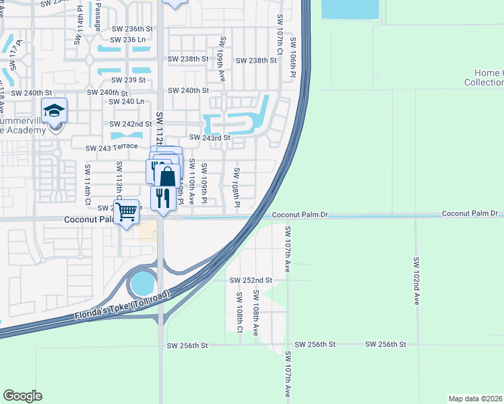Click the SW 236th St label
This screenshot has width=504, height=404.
(x=132, y=29)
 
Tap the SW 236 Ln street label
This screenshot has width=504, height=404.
(x=128, y=39)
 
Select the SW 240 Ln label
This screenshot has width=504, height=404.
(x=127, y=102)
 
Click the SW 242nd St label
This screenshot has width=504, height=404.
(x=131, y=124)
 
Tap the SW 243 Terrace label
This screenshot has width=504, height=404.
(x=111, y=147)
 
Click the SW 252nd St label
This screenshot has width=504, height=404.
(x=251, y=280)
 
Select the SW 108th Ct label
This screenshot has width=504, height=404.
(x=239, y=312)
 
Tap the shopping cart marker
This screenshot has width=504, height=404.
(x=126, y=212)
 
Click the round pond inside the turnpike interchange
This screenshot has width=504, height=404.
(x=143, y=283)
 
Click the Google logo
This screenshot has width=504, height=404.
(x=22, y=396)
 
